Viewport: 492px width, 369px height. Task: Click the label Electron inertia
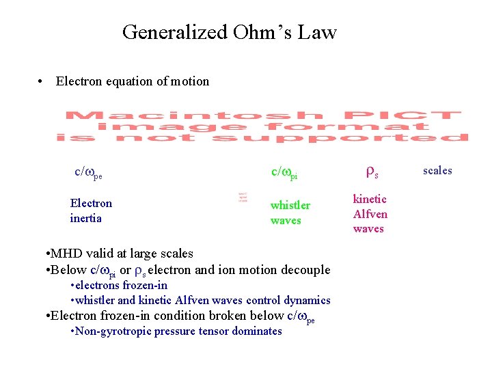pyautogui.click(x=91, y=210)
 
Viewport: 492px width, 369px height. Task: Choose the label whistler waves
pyautogui.click(x=290, y=213)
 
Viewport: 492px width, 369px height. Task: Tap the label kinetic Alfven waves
pyautogui.click(x=370, y=214)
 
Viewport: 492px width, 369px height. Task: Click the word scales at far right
pyautogui.click(x=437, y=170)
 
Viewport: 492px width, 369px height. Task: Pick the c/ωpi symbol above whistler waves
pyautogui.click(x=284, y=172)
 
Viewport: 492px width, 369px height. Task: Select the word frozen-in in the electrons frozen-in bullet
pyautogui.click(x=144, y=285)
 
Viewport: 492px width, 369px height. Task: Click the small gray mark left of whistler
pyautogui.click(x=242, y=198)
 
